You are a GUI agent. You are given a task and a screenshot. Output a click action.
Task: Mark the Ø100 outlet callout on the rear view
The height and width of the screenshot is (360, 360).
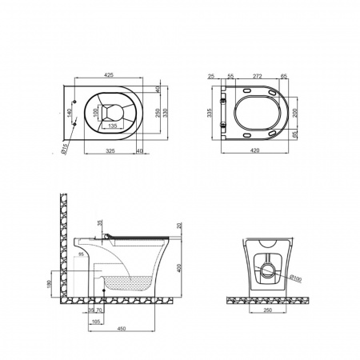pyautogui.click(x=296, y=279)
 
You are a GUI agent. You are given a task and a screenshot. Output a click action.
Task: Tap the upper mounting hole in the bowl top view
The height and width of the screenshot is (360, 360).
pyautogui.click(x=75, y=101)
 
